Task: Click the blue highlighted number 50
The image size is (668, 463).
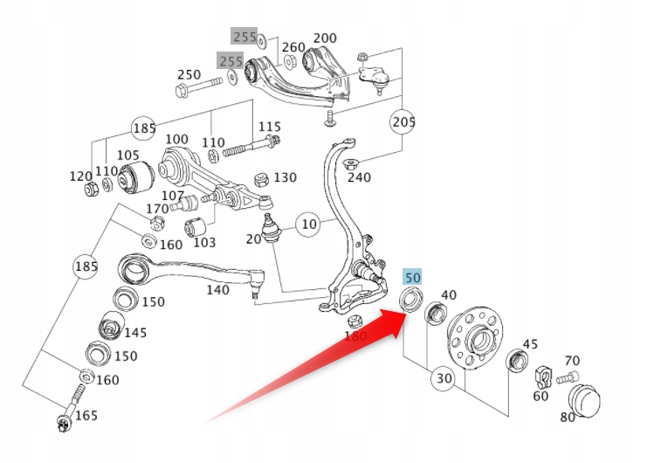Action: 412,277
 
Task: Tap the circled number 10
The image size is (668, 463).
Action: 308,224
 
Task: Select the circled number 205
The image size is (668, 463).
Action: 403,121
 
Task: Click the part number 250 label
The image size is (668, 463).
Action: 189,75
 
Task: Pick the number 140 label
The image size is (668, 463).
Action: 218,290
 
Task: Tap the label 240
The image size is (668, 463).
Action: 359,177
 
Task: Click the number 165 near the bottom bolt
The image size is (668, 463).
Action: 86,415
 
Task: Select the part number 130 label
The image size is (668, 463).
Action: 285,177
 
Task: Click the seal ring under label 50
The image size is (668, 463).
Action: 408,301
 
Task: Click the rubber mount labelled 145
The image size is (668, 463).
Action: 111,328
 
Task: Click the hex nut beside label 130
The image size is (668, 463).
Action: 260,180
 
